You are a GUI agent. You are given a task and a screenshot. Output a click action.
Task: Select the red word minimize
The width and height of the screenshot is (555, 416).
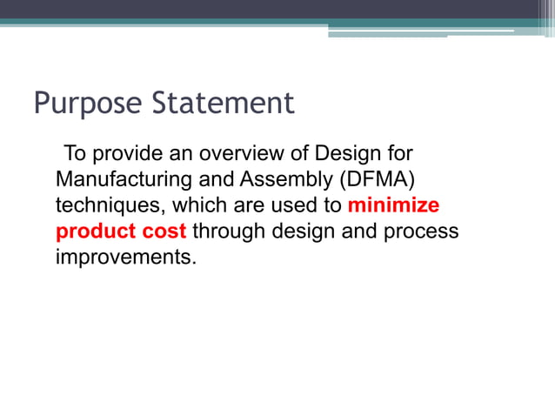393,206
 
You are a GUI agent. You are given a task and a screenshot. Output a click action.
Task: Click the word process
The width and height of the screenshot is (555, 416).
425,233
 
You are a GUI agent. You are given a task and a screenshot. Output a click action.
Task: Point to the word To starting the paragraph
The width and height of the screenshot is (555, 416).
76,155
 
